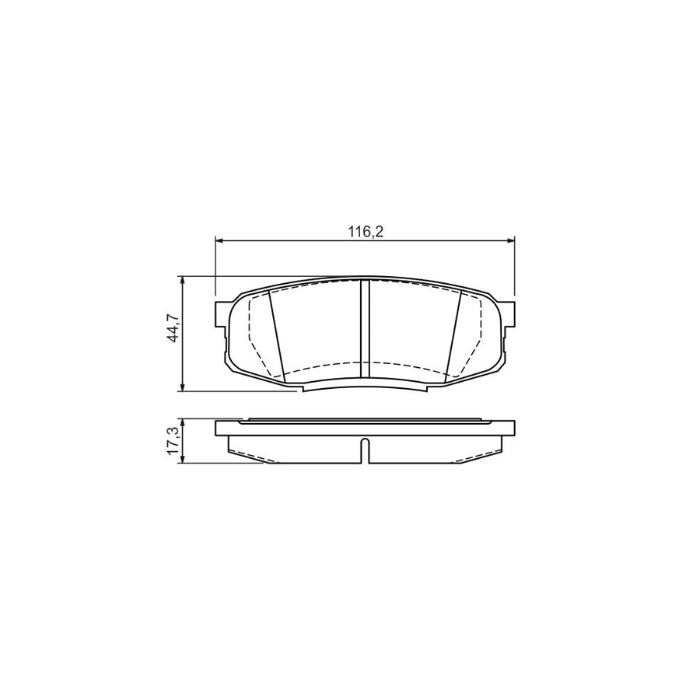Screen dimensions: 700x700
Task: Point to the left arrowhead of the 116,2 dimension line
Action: click(x=219, y=241)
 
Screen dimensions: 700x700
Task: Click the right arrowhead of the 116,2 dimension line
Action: click(x=509, y=241)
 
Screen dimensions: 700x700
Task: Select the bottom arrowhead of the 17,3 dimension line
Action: click(x=182, y=460)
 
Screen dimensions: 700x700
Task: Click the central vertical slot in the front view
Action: click(x=364, y=331)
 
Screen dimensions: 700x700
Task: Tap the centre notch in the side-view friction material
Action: click(x=364, y=451)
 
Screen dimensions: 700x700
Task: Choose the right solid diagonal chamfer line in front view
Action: click(x=454, y=336)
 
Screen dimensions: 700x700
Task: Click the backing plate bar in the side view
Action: click(x=364, y=429)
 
